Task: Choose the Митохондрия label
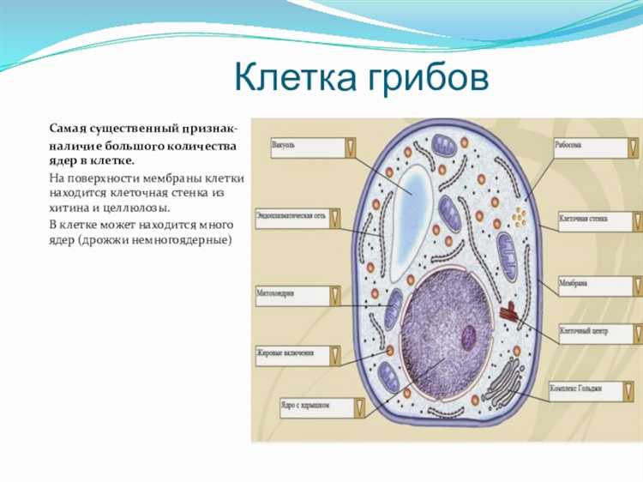[x=291, y=296]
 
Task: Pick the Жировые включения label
[x=291, y=352]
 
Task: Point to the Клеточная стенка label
[x=596, y=221]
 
